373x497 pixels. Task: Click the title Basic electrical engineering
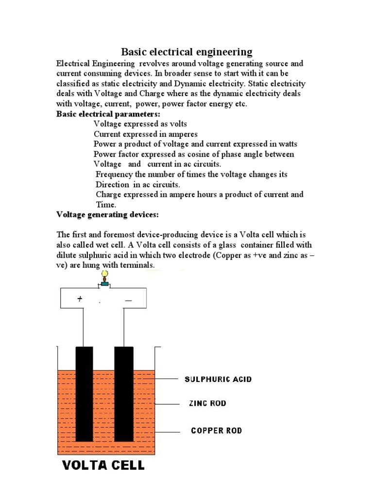click(186, 52)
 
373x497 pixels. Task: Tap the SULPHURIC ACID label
click(218, 379)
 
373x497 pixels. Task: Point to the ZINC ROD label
click(207, 403)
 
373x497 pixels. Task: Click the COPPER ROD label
click(216, 431)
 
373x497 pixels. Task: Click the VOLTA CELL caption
click(103, 465)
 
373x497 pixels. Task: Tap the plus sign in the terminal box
click(80, 300)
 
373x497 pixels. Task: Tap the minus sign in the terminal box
click(128, 301)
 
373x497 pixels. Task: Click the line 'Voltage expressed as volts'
click(140, 124)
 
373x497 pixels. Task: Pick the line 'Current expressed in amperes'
click(145, 134)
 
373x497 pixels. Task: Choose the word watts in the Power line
click(287, 144)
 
